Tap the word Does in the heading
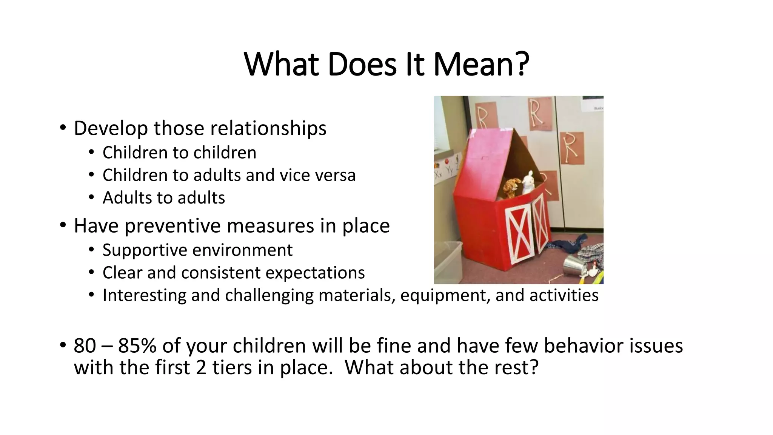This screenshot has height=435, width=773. tap(362, 64)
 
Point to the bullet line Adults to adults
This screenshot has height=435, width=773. tap(164, 198)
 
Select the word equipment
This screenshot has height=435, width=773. tap(445, 295)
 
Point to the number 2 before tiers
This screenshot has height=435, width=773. tap(201, 367)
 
